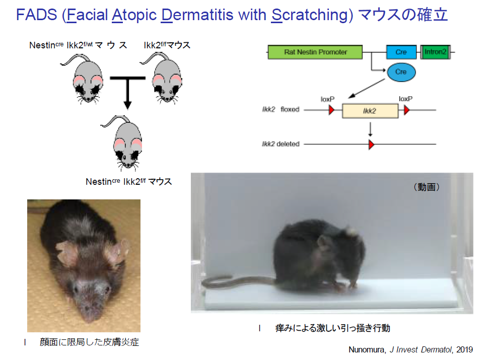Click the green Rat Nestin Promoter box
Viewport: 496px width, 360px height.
tap(315, 52)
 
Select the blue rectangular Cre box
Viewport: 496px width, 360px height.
tap(401, 52)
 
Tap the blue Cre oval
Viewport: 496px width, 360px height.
tap(401, 72)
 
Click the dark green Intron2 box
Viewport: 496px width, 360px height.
tap(435, 52)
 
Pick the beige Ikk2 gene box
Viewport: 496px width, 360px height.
tap(370, 111)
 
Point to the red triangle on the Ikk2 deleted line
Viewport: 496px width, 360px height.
tap(371, 145)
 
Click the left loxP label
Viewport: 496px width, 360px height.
tap(327, 99)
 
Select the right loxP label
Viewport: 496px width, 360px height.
tap(405, 99)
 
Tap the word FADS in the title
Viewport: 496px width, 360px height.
tap(37, 15)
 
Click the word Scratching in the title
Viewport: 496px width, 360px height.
tap(312, 15)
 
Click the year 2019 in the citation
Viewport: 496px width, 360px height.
tap(464, 349)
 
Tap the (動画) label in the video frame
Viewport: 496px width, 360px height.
tap(427, 187)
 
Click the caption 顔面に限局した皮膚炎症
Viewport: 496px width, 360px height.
tap(89, 342)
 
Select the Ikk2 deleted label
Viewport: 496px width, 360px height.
tap(280, 144)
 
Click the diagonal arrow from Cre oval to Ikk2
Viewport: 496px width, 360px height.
tap(366, 89)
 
